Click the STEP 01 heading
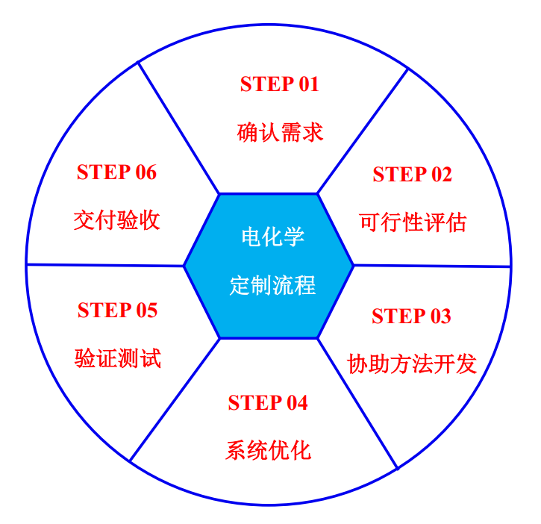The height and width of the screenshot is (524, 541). click(x=280, y=84)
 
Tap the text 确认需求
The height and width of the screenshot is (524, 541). click(x=280, y=132)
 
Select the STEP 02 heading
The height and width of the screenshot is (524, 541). click(x=413, y=174)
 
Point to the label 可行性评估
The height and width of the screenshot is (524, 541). click(x=413, y=222)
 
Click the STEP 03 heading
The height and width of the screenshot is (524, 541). click(x=411, y=316)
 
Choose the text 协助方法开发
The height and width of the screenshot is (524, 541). click(x=412, y=364)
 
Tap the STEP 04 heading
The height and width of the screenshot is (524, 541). click(x=268, y=402)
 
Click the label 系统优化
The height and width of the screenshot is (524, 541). click(x=268, y=450)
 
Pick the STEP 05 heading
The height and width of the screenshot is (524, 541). click(x=117, y=310)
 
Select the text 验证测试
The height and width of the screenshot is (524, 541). click(x=118, y=358)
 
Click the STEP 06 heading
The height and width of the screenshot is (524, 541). click(x=116, y=172)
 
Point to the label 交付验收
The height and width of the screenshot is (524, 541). click(x=116, y=220)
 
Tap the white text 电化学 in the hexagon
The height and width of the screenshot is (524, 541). click(x=272, y=237)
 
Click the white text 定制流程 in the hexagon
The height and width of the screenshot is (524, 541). click(x=272, y=285)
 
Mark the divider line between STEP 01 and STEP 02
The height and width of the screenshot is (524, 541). click(x=363, y=131)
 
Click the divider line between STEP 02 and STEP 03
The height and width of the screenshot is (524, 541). click(x=432, y=266)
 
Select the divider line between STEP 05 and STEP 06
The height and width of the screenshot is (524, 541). click(x=105, y=265)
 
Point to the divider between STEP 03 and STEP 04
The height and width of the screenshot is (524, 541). click(x=357, y=404)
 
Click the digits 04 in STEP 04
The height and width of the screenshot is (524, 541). click(x=297, y=402)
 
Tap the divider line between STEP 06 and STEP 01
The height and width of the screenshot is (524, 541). click(x=178, y=128)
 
